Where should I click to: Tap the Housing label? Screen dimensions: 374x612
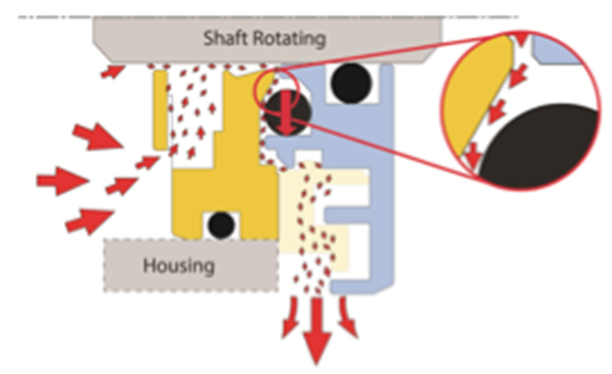click(178, 266)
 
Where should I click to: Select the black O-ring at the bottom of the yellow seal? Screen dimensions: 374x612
click(220, 225)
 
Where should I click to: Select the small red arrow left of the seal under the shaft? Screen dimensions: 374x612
click(113, 71)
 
